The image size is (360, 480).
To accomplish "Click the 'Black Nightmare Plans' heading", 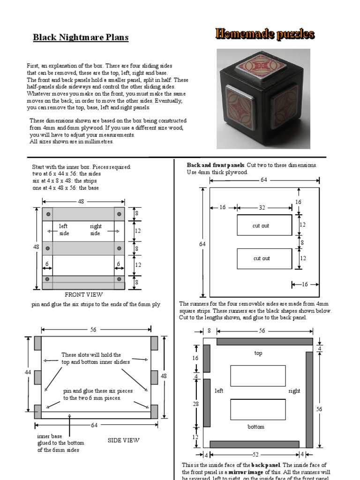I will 81,37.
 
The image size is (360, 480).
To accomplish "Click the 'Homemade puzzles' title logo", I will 265,34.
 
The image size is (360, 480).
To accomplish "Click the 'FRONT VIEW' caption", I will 83,295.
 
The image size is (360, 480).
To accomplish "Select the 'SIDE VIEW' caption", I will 123,440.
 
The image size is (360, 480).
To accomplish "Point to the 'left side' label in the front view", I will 64,230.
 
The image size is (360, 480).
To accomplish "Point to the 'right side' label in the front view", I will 95,230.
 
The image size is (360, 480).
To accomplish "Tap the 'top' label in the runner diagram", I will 258,353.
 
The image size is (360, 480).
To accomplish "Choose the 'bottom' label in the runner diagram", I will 256,427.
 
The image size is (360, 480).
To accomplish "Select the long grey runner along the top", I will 264,341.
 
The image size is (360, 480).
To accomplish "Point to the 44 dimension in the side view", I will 28,372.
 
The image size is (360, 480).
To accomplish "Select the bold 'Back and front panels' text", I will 216,165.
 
